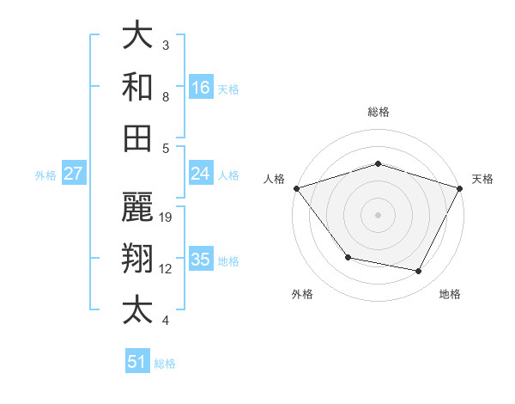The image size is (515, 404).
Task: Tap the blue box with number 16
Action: click(x=201, y=87)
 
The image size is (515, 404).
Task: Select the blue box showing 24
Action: click(x=201, y=174)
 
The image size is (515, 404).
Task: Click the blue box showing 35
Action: click(x=201, y=260)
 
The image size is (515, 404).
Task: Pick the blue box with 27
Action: click(x=74, y=174)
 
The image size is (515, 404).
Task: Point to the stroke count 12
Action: click(x=167, y=268)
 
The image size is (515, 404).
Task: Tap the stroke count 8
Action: click(x=166, y=96)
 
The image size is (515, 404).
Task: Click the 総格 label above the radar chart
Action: click(x=379, y=112)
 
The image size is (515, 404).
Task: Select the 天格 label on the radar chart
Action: click(x=482, y=179)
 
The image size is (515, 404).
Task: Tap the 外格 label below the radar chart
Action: click(x=302, y=294)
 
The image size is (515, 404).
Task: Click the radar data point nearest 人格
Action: click(x=296, y=188)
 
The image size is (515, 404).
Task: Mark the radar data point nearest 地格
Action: click(x=419, y=272)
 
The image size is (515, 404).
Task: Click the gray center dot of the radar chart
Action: click(x=379, y=214)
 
